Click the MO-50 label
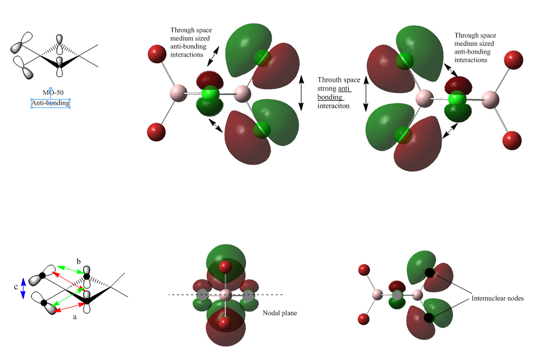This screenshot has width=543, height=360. point(53,92)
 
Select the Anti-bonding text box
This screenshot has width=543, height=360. point(51,103)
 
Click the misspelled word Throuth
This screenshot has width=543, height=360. point(329,80)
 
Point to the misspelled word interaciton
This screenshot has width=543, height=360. point(334,106)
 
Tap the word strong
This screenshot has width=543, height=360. point(327,89)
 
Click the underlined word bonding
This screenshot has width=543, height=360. point(329,97)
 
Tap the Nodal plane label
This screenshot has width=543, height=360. point(280,313)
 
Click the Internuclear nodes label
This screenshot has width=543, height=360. point(498,298)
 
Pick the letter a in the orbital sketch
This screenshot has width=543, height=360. point(75,316)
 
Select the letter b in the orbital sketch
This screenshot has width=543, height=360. point(79,261)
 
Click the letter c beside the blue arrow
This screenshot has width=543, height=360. point(15,287)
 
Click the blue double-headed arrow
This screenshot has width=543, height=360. point(23,288)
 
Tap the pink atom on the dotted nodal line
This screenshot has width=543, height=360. point(225,296)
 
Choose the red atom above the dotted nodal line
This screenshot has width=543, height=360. point(225,267)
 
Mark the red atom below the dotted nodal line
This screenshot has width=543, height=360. point(225,323)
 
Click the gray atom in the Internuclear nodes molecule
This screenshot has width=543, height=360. point(397,295)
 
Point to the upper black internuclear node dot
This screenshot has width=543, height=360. point(429,272)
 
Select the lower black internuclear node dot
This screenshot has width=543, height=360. point(429,317)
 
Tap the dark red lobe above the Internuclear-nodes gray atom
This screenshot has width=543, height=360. point(397,286)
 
